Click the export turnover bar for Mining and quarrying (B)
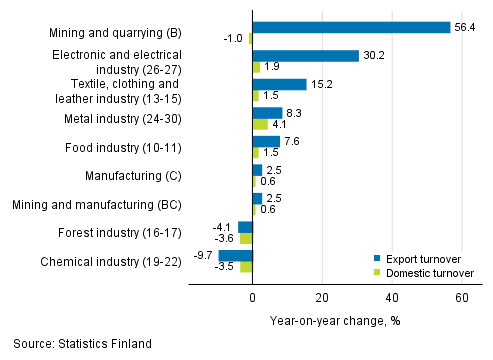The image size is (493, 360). (351, 27)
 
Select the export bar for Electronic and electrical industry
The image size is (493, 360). (305, 56)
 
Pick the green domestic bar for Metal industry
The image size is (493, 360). (259, 124)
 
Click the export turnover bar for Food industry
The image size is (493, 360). (265, 141)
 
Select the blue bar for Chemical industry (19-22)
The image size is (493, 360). (235, 255)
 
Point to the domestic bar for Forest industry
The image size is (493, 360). (246, 238)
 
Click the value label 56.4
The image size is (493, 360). (467, 27)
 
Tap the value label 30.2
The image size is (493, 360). (375, 56)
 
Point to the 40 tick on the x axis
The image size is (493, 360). (391, 298)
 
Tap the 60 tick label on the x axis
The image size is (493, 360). (461, 298)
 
